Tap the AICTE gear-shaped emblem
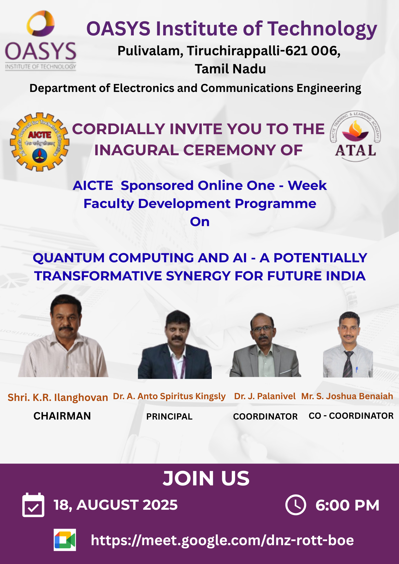pyautogui.click(x=40, y=142)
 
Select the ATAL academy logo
pyautogui.click(x=355, y=136)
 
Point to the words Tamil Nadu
pyautogui.click(x=230, y=69)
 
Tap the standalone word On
pyautogui.click(x=200, y=222)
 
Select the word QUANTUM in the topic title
pyautogui.click(x=69, y=258)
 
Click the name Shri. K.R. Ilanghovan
pyautogui.click(x=58, y=397)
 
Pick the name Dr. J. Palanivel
pyautogui.click(x=265, y=396)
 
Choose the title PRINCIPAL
pyautogui.click(x=169, y=417)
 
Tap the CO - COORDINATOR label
pyautogui.click(x=351, y=416)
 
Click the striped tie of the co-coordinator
pyautogui.click(x=348, y=364)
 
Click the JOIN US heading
pyautogui.click(x=206, y=479)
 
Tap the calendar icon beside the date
pyautogui.click(x=33, y=505)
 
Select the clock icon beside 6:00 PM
pyautogui.click(x=296, y=505)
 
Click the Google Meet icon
pyautogui.click(x=65, y=540)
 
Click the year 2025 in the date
pyautogui.click(x=160, y=505)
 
